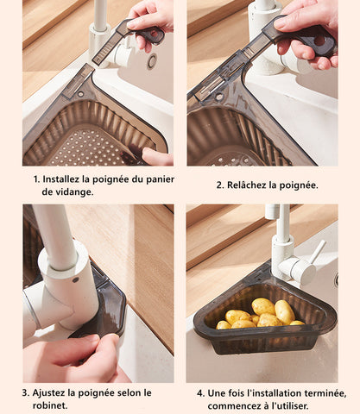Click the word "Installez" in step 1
(x=61, y=179)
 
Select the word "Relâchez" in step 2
(x=247, y=185)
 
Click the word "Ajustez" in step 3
(x=48, y=392)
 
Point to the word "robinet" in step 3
(x=48, y=405)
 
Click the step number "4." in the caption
(x=201, y=393)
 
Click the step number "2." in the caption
(x=220, y=185)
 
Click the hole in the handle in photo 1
(x=155, y=34)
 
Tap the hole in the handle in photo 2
(x=319, y=41)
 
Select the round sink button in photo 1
(x=152, y=61)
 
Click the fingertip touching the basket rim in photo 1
(x=148, y=153)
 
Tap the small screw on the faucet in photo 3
(x=76, y=279)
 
